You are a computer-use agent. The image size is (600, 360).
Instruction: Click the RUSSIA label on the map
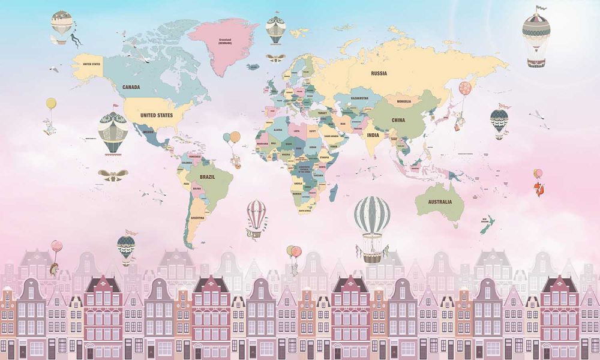[379, 73]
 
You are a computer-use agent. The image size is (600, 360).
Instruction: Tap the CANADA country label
[131, 87]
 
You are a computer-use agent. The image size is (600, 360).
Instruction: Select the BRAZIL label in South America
[207, 177]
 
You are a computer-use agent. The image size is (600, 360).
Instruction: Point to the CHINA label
[398, 120]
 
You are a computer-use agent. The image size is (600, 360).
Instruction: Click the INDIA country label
[373, 135]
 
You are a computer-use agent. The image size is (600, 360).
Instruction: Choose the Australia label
[440, 202]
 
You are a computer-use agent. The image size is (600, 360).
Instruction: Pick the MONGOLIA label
[400, 101]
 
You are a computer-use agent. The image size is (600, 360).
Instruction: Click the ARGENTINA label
[197, 217]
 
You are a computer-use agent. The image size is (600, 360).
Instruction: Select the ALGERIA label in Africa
[278, 130]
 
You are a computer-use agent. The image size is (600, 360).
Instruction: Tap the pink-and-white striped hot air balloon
[257, 215]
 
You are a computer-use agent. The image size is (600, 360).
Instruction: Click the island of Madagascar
[334, 193]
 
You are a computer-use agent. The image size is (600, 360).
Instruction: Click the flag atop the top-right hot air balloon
[542, 8]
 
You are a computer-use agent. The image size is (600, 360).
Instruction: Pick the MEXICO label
[148, 131]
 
